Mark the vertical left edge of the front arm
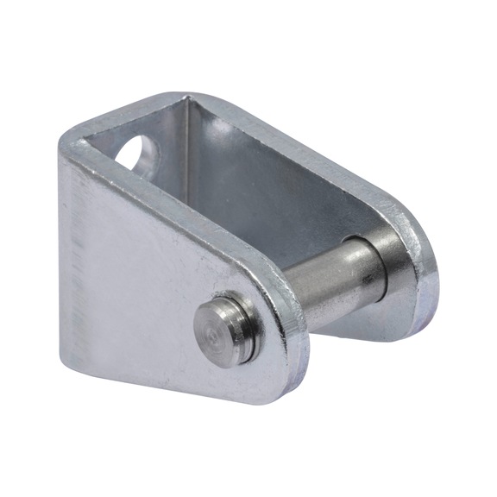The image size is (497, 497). [62, 259]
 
